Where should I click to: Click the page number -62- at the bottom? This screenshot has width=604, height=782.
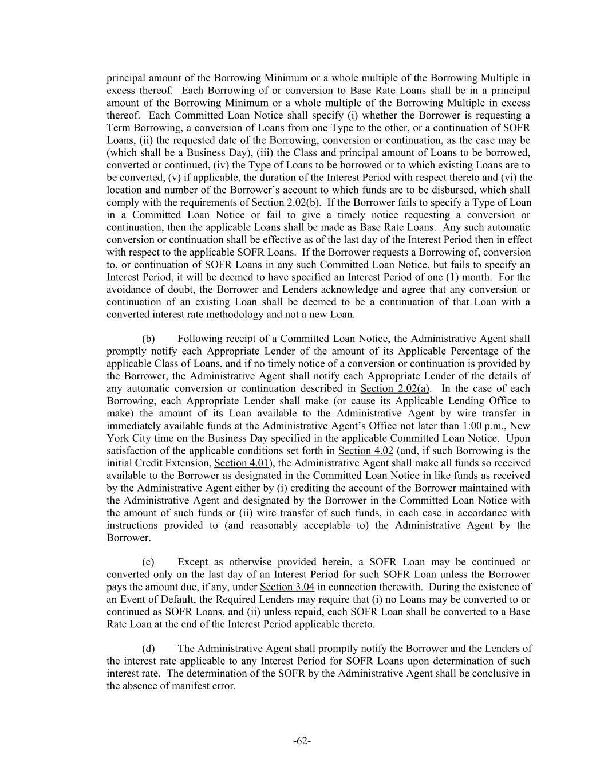tap(302, 741)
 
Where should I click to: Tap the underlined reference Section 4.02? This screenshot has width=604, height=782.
tap(365, 451)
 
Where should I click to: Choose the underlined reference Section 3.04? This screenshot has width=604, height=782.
tap(287, 587)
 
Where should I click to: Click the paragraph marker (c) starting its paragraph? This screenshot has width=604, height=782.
tap(148, 562)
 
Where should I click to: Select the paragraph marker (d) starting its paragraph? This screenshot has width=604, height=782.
tap(148, 649)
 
